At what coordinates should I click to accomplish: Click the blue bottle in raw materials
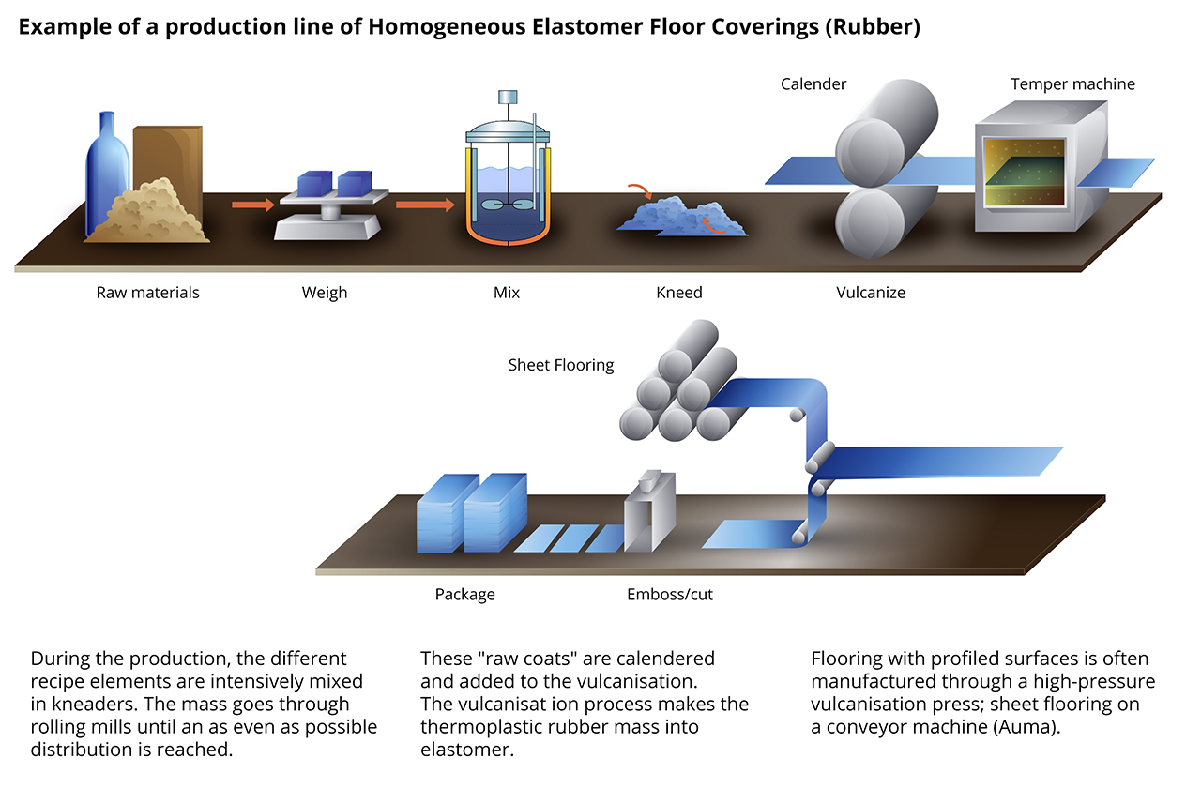(107, 174)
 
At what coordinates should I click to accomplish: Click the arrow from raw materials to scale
(253, 205)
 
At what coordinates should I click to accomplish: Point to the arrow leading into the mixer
(425, 205)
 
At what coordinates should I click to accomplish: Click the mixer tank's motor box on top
(508, 97)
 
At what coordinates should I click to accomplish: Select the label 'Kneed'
(678, 293)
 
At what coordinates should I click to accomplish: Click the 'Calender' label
(813, 84)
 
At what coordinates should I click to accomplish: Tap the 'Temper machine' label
(1072, 84)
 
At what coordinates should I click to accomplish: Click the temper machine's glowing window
(1024, 173)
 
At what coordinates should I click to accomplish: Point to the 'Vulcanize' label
(871, 293)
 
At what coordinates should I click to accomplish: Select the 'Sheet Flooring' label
(561, 365)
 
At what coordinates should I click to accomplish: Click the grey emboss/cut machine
(650, 512)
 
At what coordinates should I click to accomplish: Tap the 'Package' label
(464, 595)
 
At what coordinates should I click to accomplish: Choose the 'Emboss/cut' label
(670, 595)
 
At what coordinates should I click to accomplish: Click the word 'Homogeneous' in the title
(447, 27)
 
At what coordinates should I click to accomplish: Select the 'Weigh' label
(325, 293)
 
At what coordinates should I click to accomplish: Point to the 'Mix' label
(507, 293)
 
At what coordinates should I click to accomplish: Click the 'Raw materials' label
(147, 293)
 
